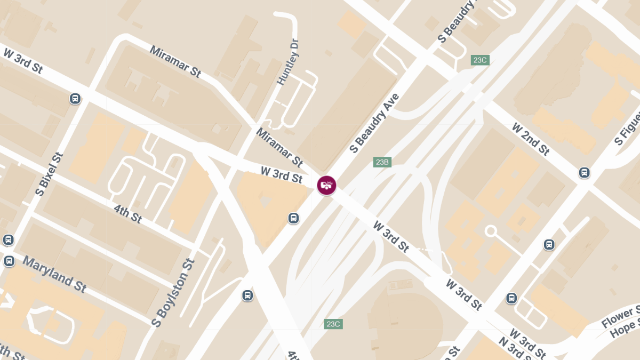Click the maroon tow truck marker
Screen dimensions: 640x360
pos(326,185)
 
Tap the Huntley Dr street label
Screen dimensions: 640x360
pos(288,62)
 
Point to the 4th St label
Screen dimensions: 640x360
pos(128,213)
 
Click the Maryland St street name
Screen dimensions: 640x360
pos(55,274)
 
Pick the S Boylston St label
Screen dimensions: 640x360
pos(173,292)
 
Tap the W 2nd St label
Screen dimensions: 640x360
pos(530,139)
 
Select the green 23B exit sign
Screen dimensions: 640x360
pos(382,162)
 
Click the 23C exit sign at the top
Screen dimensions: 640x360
pos(480,60)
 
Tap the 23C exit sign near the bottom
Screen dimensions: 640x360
pos(333,324)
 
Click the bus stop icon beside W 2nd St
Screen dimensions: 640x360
pos(585,172)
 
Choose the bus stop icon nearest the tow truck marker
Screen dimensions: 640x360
pos(293,218)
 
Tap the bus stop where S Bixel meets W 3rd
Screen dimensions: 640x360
pos(75,98)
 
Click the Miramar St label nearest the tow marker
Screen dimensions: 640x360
pos(279,146)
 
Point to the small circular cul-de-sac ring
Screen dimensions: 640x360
pos(491,231)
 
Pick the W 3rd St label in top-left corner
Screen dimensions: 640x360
pos(22,60)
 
